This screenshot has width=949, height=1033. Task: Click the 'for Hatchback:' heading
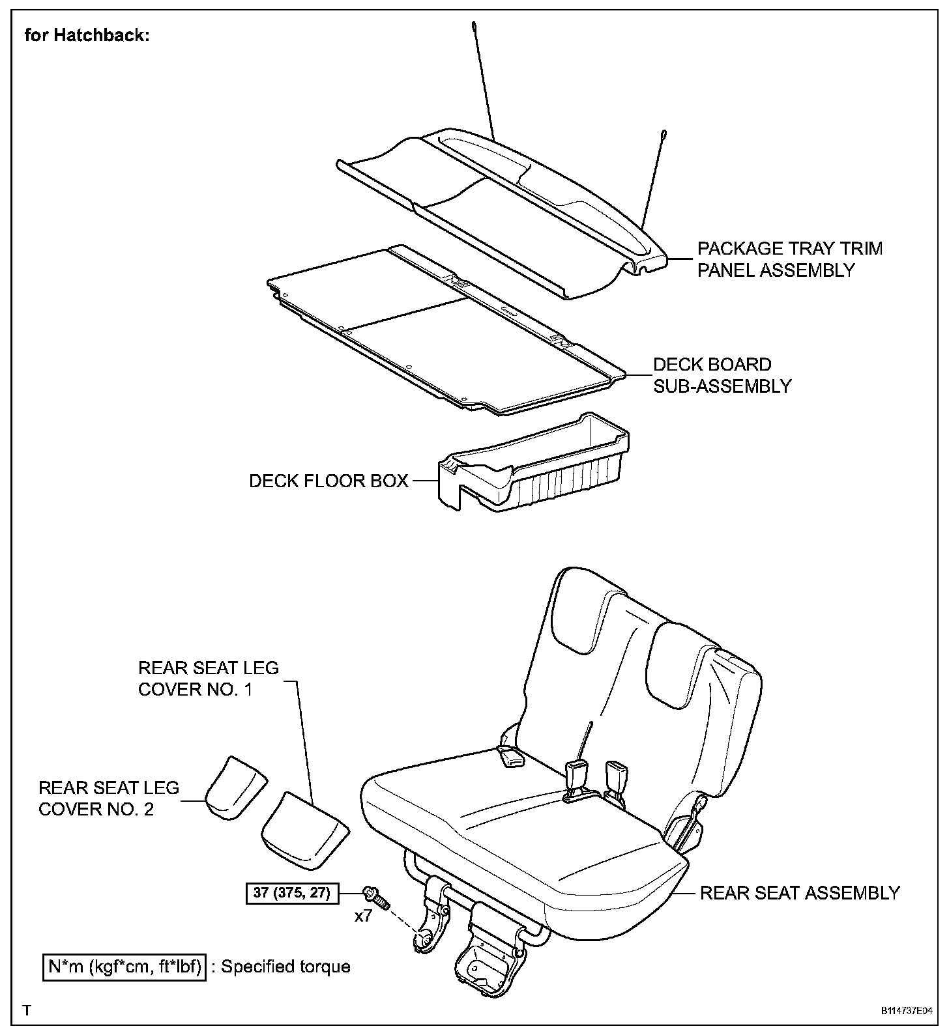[x=87, y=35]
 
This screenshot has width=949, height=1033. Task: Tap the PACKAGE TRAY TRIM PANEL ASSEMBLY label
[x=789, y=259]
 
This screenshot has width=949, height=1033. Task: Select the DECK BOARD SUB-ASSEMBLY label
[x=722, y=375]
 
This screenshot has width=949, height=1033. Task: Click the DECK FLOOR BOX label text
[x=328, y=481]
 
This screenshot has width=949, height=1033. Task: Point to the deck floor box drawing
[x=534, y=466]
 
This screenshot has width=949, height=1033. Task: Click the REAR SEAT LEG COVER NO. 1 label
[x=208, y=679]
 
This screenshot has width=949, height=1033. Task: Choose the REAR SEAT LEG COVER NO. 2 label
[x=109, y=799]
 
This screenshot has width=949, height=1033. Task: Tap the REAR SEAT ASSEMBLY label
[x=799, y=893]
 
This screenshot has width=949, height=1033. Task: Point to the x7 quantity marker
[x=363, y=916]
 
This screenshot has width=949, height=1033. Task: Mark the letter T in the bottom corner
[x=27, y=1011]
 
